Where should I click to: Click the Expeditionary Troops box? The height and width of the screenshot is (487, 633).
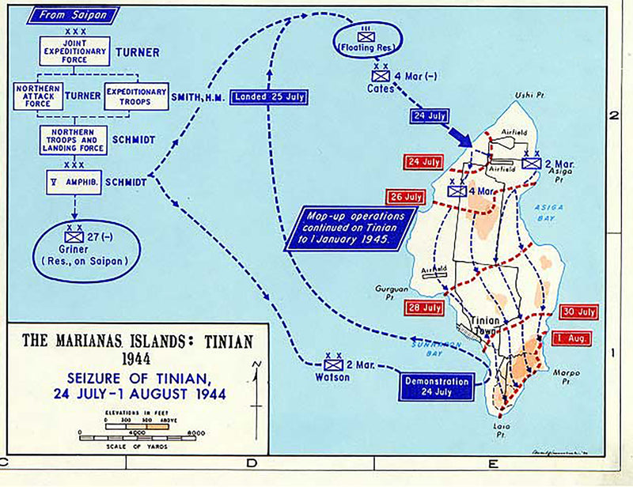click(x=136, y=96)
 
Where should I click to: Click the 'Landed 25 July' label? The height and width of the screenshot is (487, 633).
click(x=268, y=97)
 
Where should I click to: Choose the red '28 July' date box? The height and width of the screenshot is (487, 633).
click(x=423, y=307)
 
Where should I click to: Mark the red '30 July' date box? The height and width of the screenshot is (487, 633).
click(x=578, y=312)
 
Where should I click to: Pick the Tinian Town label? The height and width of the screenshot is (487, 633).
click(x=483, y=325)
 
